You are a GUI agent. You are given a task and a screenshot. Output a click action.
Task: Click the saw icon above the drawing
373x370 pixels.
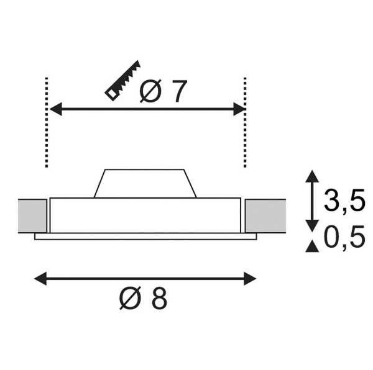tap(122, 81)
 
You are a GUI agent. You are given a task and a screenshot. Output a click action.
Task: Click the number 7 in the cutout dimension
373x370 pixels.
tap(177, 91)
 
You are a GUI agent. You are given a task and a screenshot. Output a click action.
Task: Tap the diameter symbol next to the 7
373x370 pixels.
tap(150, 91)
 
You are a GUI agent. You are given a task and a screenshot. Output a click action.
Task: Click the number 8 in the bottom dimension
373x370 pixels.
tap(159, 298)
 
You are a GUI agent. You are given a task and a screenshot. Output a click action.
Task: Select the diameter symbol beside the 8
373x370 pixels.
tap(130, 298)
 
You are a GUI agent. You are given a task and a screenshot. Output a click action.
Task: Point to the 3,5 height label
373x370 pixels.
tap(344, 200)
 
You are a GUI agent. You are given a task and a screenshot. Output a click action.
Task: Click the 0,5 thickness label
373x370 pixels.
tap(344, 237)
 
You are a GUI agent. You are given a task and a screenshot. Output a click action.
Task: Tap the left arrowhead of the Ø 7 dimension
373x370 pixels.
tap(55, 109)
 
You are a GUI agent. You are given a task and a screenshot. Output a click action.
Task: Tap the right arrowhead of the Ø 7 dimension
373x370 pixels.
tap(239, 109)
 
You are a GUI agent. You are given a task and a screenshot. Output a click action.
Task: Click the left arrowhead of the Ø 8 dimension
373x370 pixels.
tap(40, 279)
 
